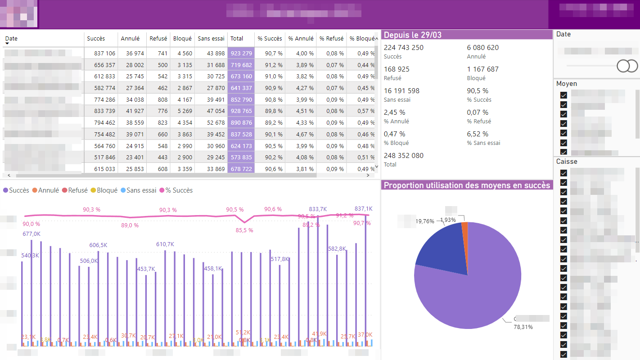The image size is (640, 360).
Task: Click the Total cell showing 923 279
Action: point(241,53)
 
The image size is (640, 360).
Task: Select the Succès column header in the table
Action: point(96,39)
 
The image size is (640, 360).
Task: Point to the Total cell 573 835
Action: point(241,157)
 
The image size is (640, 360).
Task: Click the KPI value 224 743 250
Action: point(403,48)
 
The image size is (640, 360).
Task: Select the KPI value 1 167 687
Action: point(483,69)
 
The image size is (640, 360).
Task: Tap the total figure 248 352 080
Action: point(403,156)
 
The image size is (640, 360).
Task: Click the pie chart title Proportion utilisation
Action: point(467,185)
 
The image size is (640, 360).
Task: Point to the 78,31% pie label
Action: point(523,327)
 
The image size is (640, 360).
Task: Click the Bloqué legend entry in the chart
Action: point(104,190)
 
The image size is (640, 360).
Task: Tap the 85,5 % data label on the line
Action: point(244,230)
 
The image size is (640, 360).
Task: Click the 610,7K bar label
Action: point(165,244)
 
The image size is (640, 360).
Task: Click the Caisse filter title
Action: point(567,162)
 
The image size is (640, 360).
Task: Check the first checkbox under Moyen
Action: point(563,95)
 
